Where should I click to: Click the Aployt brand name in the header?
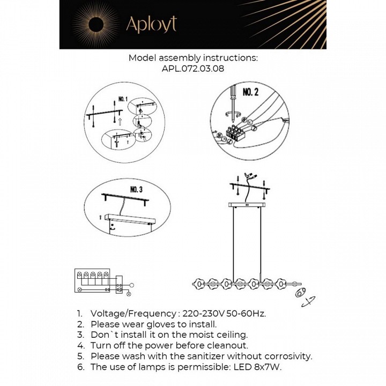point(151,24)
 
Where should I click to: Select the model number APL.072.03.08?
point(193,69)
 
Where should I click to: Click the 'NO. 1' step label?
point(122,100)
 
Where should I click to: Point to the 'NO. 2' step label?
point(250,93)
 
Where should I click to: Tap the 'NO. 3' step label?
point(137,189)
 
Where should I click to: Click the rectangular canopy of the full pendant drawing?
point(248,204)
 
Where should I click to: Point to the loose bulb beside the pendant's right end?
point(299,293)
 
